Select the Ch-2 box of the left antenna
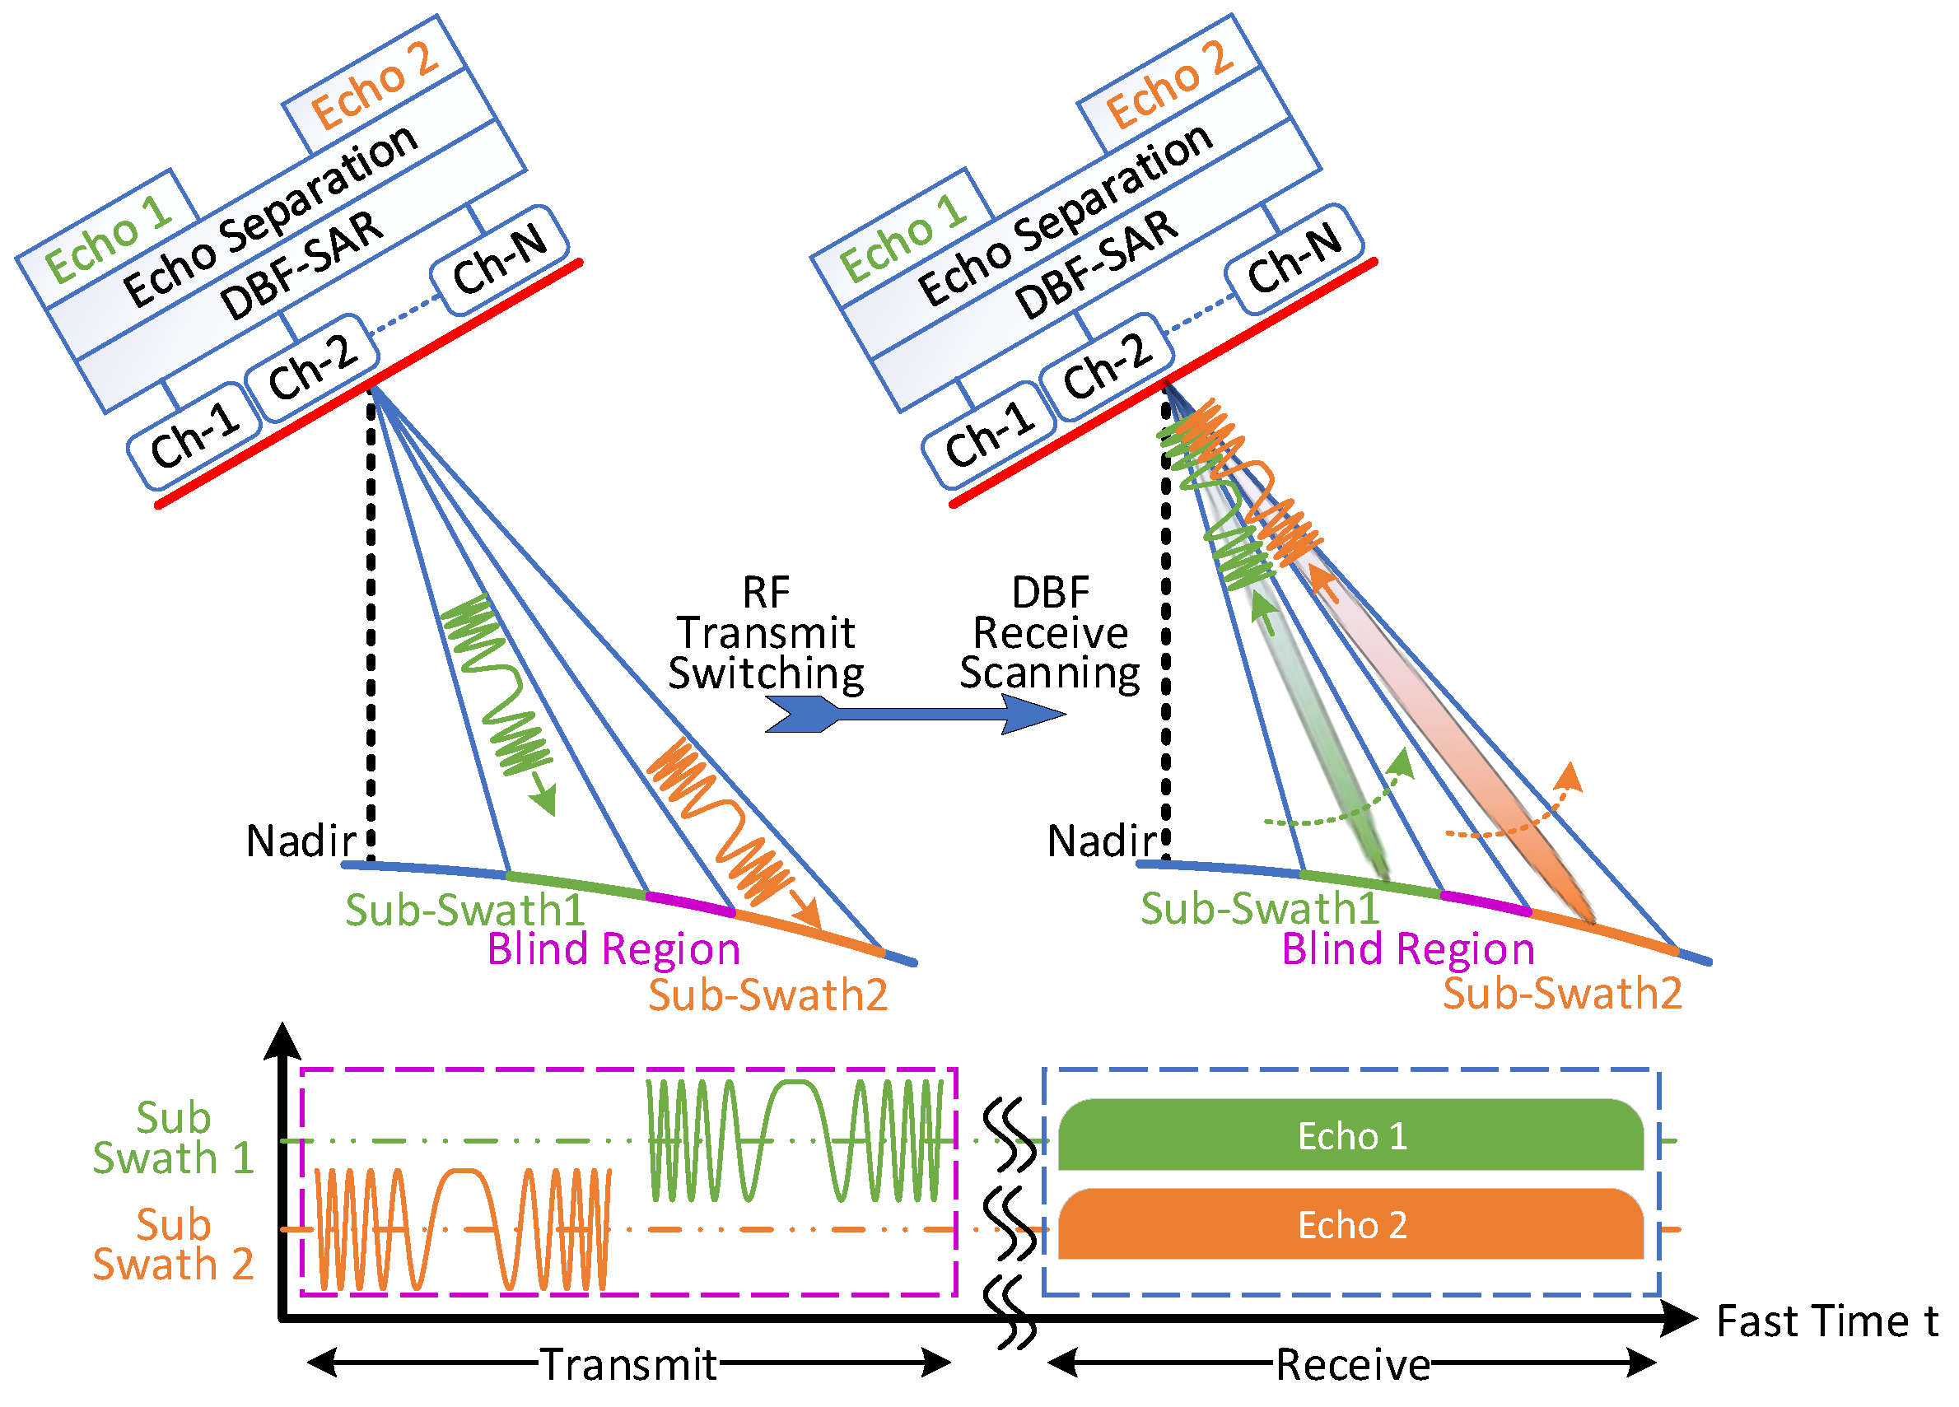[313, 367]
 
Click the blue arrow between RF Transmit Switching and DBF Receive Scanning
[916, 715]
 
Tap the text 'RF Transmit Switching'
[766, 633]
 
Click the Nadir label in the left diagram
[301, 841]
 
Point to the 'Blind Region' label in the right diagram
[1408, 949]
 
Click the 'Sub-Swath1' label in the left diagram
[464, 910]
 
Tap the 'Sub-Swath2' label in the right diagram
[1561, 993]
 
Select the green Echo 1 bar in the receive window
[1351, 1136]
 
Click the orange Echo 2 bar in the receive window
[1351, 1225]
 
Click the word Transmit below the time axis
[628, 1365]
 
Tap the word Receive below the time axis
[1353, 1365]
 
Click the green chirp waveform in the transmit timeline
[795, 1140]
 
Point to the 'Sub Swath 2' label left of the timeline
[173, 1244]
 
